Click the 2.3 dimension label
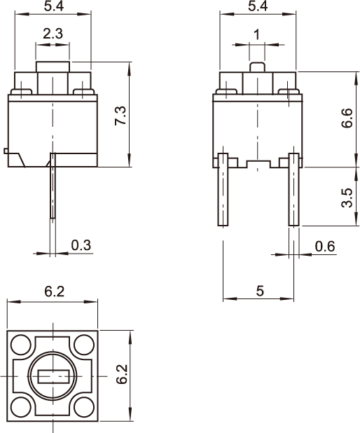click(53, 34)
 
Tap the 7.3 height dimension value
click(120, 116)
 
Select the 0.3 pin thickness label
click(81, 245)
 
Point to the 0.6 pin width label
click(325, 247)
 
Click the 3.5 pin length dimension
click(347, 198)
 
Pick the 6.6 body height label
click(347, 118)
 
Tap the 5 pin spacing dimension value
click(260, 291)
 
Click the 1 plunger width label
click(257, 35)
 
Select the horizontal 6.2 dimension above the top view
click(55, 291)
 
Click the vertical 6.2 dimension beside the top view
click(122, 374)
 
